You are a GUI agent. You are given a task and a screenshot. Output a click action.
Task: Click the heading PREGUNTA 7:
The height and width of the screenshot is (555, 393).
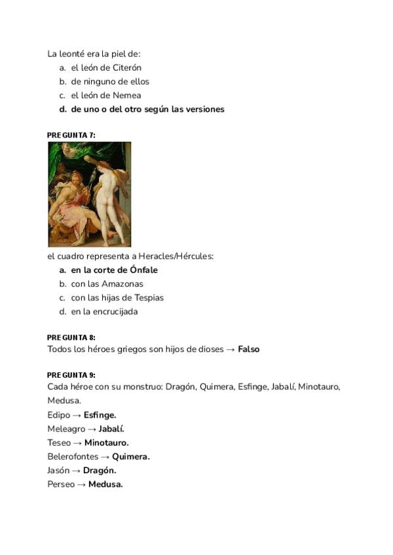71,135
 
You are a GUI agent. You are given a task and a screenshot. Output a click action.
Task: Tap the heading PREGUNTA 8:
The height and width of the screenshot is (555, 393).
71,338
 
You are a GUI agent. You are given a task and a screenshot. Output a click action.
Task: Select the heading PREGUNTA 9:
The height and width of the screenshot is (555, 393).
71,375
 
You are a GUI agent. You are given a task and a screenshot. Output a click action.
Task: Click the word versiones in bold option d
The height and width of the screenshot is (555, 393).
204,109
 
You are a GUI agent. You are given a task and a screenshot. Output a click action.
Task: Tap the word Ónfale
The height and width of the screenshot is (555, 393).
143,270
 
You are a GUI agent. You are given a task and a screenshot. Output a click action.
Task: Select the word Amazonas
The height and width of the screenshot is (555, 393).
122,284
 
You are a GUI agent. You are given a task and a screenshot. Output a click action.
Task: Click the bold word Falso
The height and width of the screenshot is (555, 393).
249,349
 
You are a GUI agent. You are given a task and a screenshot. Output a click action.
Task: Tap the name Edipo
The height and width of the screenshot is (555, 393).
59,415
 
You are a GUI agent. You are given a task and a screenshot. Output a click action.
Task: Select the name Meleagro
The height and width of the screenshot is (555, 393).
66,429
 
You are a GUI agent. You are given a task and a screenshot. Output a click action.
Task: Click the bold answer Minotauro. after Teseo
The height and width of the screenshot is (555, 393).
106,443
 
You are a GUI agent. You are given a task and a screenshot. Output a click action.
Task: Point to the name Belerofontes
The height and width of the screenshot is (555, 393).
73,457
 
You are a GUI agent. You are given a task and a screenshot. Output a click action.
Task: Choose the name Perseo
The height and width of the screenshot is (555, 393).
61,484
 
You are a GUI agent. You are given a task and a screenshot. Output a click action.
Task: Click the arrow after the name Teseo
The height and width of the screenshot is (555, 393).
77,443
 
